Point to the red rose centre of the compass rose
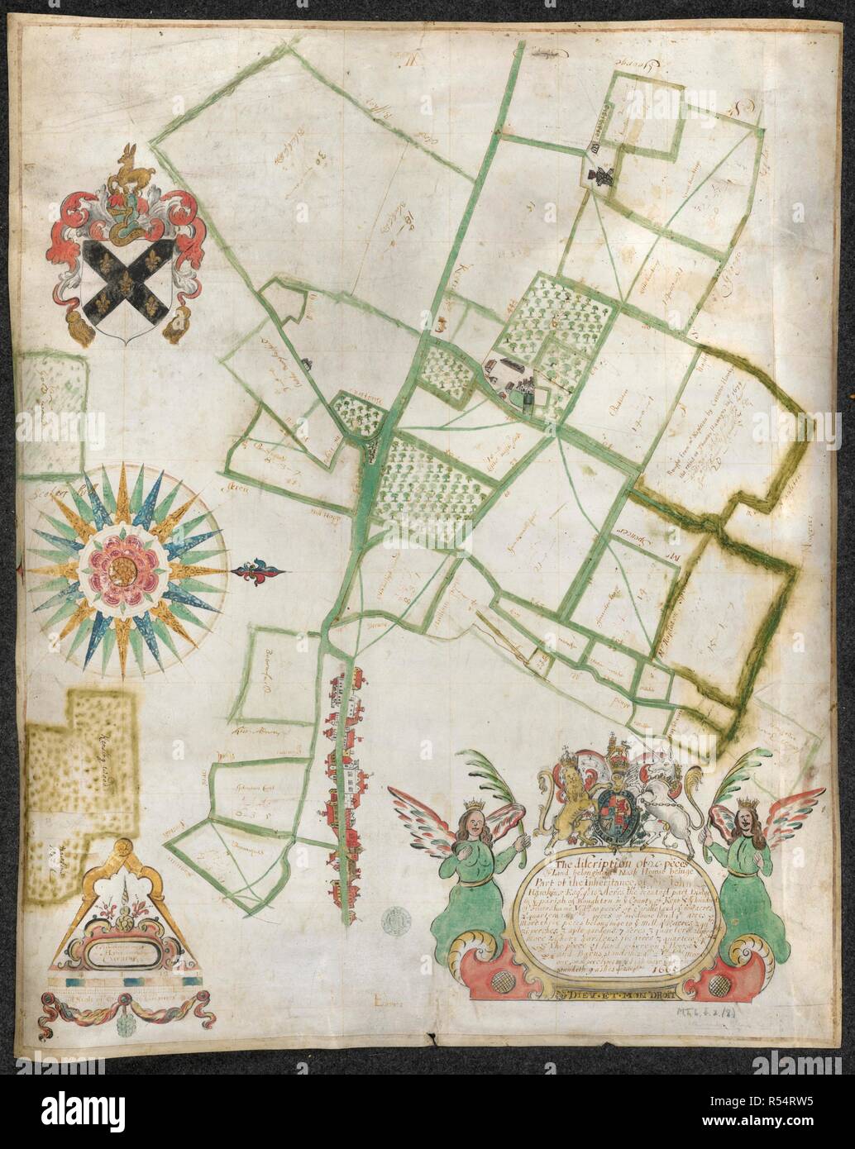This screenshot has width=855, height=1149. (124, 569)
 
